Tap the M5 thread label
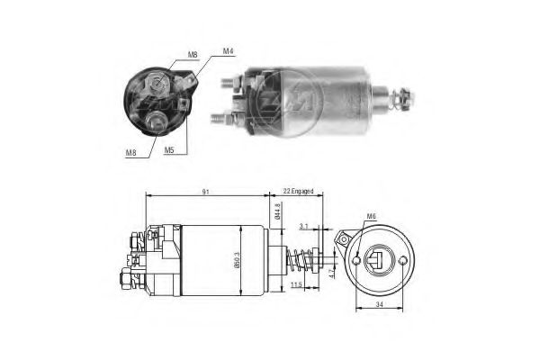(x=169, y=150)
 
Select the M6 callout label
(x=371, y=216)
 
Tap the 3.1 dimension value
(x=305, y=226)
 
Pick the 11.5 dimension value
(x=297, y=285)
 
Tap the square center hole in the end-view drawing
(x=377, y=262)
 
